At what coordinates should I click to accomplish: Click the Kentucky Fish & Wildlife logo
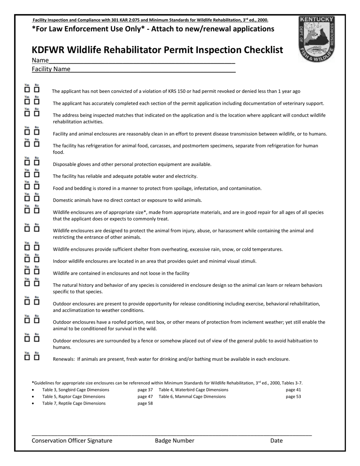[x=316, y=39]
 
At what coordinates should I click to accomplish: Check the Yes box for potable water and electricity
[x=27, y=175]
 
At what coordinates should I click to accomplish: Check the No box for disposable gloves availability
[x=37, y=163]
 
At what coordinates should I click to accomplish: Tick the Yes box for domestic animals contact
[x=27, y=199]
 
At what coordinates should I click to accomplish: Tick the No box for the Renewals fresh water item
[x=37, y=357]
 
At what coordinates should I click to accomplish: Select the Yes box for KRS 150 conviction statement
[x=27, y=90]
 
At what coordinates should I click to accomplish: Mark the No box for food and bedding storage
[x=37, y=186]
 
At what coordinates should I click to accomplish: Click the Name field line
[x=142, y=60]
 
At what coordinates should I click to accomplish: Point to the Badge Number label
[x=174, y=441]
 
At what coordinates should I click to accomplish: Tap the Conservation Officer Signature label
[x=72, y=441]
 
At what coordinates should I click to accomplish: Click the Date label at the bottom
[x=276, y=441]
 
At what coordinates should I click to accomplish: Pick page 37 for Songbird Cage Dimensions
[x=145, y=390]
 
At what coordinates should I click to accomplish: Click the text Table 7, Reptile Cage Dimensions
[x=74, y=403]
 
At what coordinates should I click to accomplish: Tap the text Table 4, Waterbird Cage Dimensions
[x=193, y=390]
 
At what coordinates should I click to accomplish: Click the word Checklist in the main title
[x=258, y=50]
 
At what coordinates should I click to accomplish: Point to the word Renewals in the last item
[x=63, y=359]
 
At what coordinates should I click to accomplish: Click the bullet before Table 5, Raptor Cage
[x=33, y=397]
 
